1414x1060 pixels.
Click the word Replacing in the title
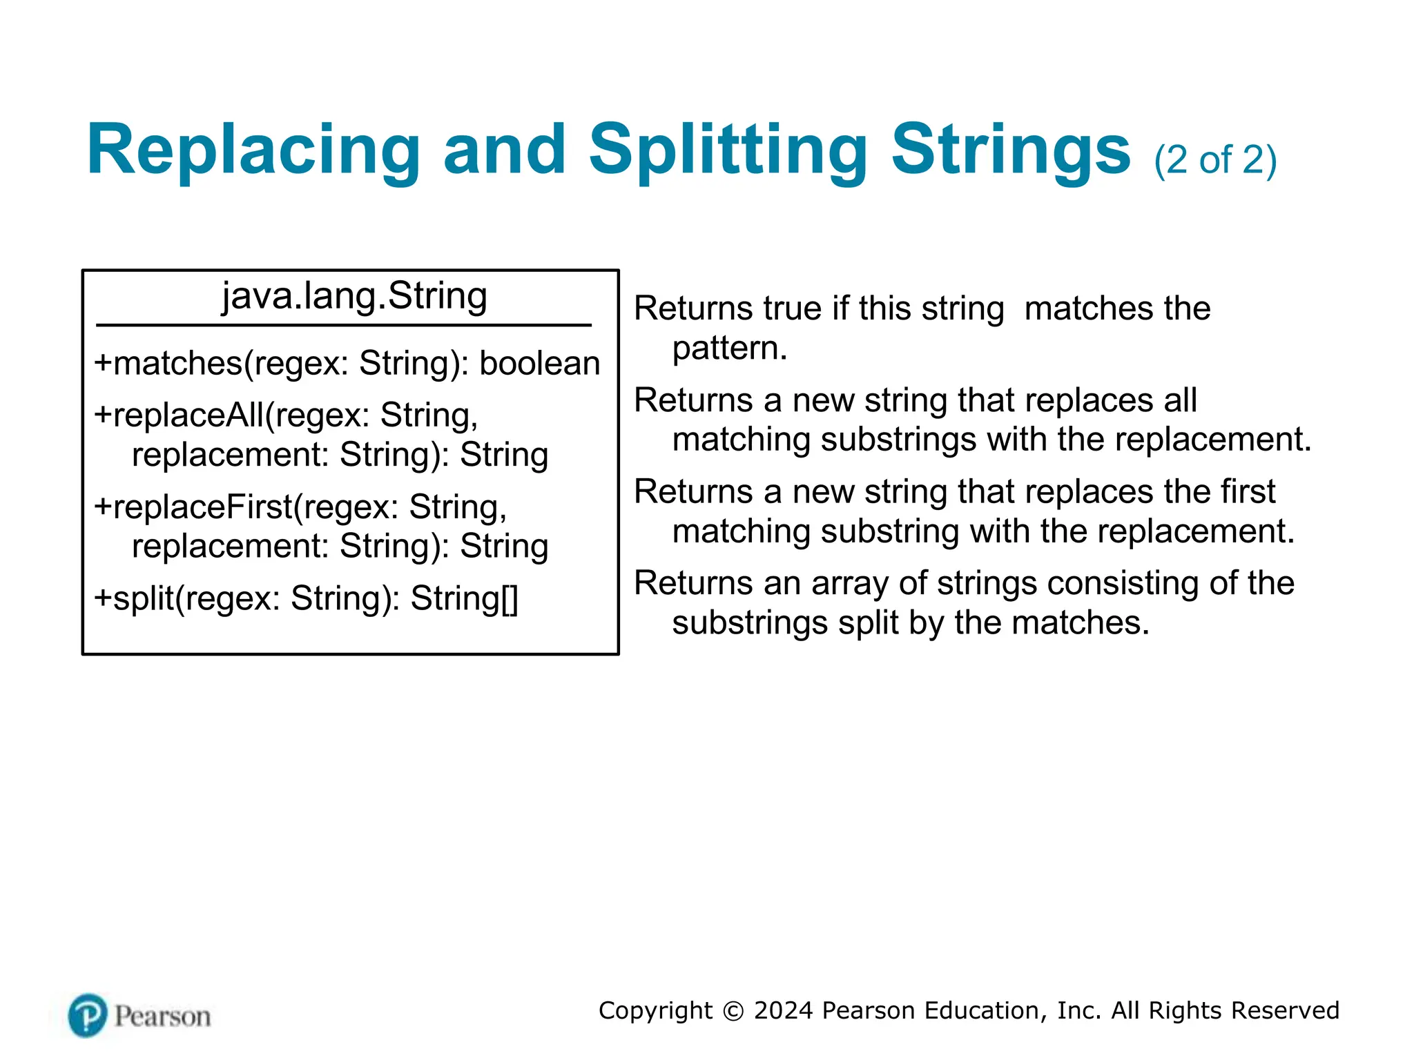(x=253, y=150)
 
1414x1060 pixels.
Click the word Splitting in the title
(x=728, y=150)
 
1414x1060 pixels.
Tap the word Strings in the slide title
(x=1010, y=150)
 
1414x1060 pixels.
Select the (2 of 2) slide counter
(x=1215, y=160)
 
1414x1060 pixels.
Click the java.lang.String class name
(x=354, y=296)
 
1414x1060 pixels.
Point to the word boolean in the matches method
(x=539, y=364)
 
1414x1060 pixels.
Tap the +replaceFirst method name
(x=193, y=507)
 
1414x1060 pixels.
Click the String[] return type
(x=464, y=598)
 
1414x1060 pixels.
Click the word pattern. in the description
(x=730, y=348)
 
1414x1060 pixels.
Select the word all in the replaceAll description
(x=1181, y=400)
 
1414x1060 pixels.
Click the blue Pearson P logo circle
(x=88, y=1015)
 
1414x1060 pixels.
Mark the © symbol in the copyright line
(x=733, y=1011)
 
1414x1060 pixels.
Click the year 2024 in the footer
(x=783, y=1011)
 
